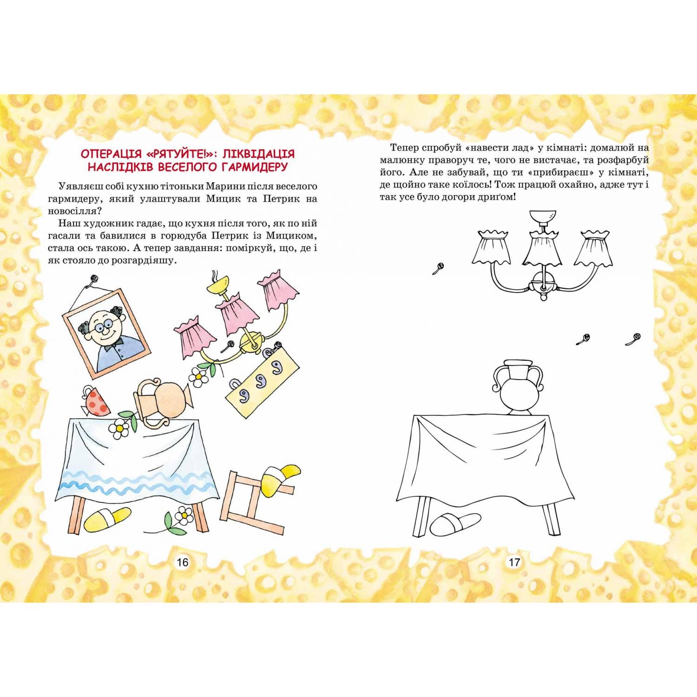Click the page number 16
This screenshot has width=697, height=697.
point(182,562)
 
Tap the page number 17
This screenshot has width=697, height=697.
point(514,562)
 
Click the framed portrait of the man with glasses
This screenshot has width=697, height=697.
point(107,333)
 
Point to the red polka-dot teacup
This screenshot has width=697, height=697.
point(96,401)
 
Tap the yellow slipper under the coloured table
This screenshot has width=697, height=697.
point(107,519)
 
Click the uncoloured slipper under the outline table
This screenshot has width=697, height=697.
point(454,523)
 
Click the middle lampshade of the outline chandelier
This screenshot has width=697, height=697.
point(543,249)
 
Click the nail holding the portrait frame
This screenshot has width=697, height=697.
point(94,279)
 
